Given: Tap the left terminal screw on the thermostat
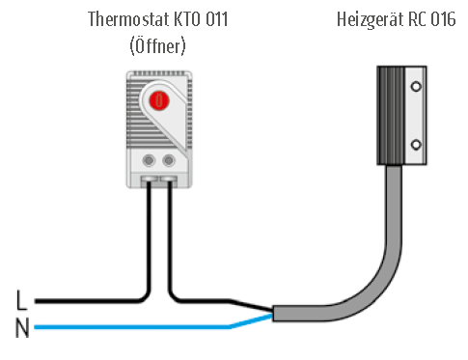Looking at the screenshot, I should (x=149, y=159).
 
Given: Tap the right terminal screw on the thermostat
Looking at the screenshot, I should (x=170, y=159).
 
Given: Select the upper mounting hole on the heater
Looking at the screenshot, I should (x=416, y=86).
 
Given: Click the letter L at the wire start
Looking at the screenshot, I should (x=21, y=301).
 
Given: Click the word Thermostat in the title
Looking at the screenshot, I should (x=124, y=19).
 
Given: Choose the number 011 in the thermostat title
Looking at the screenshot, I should (x=217, y=19).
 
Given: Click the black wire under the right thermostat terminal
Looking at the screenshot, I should (x=170, y=232).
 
